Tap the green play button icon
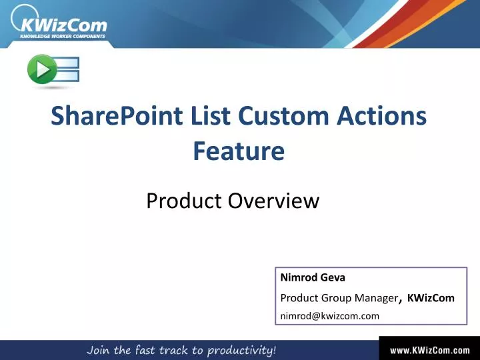tap(41, 70)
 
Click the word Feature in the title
tap(239, 151)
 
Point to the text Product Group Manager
tap(338, 298)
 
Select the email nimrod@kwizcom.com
tap(329, 316)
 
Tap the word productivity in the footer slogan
tap(237, 350)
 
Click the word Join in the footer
tap(98, 349)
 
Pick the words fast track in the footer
tap(158, 349)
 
